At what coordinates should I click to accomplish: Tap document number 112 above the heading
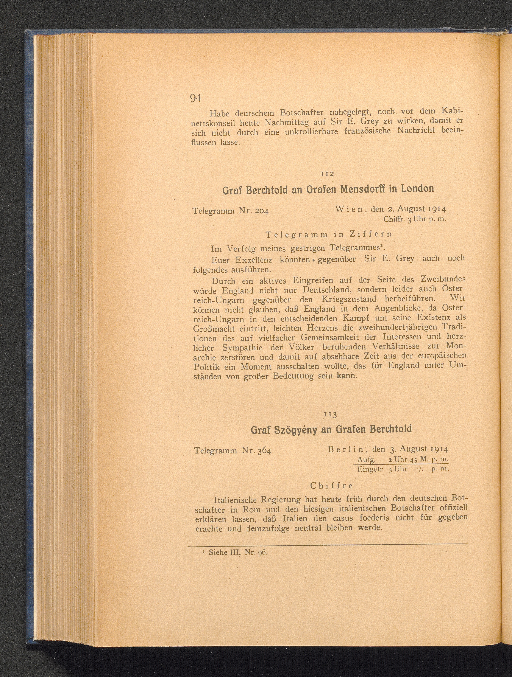[x=328, y=174]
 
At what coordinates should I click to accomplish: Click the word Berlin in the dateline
[x=345, y=449]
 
